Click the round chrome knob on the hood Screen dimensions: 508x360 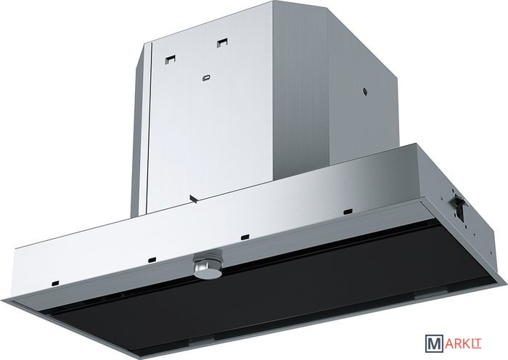pyautogui.click(x=208, y=264)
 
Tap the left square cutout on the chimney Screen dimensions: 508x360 pyautogui.click(x=171, y=59)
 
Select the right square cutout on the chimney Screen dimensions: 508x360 pyautogui.click(x=223, y=42)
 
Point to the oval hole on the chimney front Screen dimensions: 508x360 pyautogui.click(x=206, y=78)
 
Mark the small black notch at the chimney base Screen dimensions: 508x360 pyautogui.click(x=194, y=198)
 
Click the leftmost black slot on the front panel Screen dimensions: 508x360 pyautogui.click(x=55, y=283)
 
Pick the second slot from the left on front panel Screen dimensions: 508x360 pyautogui.click(x=152, y=259)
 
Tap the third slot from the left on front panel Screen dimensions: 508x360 pyautogui.click(x=245, y=237)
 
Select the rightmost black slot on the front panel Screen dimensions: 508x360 pyautogui.click(x=348, y=211)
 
